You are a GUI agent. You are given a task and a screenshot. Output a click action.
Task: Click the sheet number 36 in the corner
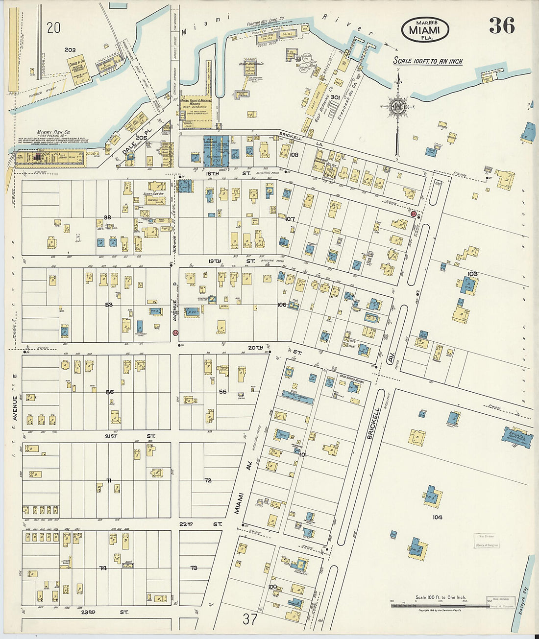coord(501,25)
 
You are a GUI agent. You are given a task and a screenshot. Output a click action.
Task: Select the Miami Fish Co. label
coord(53,132)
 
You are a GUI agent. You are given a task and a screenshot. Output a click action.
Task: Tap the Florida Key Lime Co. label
coord(266,24)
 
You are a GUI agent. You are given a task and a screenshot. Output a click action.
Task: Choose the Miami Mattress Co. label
coord(251,64)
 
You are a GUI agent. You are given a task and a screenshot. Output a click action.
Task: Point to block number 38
coord(107,217)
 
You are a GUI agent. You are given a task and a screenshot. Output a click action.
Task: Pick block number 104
coord(437,517)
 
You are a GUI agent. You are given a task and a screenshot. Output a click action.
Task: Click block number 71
coord(109,480)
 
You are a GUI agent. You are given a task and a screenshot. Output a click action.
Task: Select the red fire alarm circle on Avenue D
coord(175,333)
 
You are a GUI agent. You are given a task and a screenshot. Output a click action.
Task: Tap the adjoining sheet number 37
coord(249,619)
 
